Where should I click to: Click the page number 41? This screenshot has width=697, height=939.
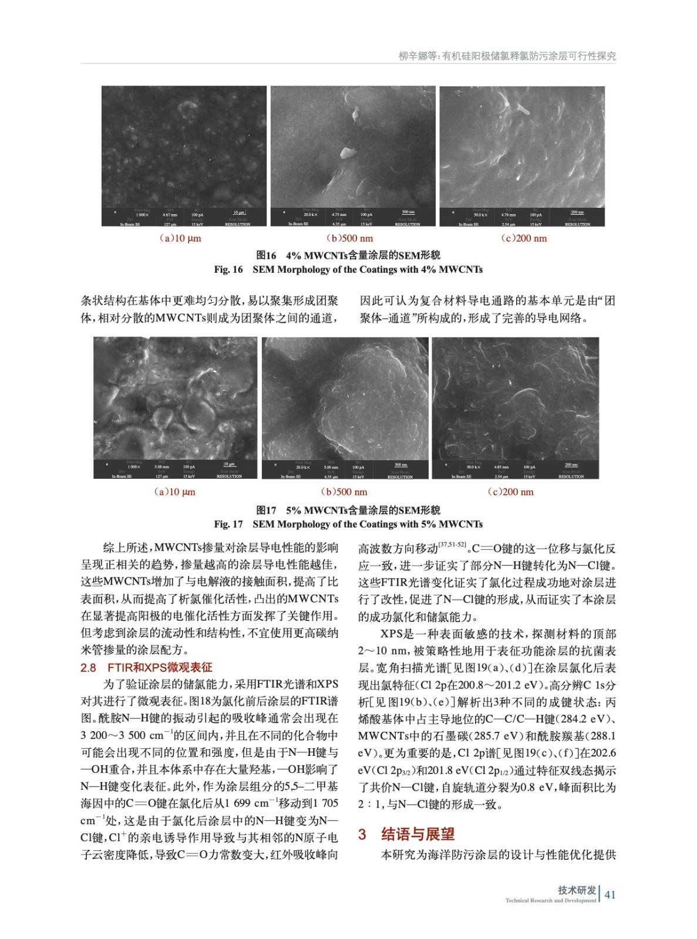[610, 894]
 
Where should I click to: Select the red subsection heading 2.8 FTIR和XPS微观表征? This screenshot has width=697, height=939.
[146, 667]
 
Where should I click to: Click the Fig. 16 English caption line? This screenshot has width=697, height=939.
[348, 269]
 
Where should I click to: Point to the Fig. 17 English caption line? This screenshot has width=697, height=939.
[348, 524]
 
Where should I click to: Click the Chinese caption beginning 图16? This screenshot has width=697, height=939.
[348, 255]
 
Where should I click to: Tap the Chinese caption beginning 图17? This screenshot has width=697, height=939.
[348, 510]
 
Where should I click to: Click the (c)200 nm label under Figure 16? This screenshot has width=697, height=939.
[523, 238]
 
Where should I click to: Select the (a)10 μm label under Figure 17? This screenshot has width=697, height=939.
[174, 492]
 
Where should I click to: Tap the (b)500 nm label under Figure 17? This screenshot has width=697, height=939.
[344, 492]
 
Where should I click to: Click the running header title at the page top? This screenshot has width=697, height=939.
[507, 56]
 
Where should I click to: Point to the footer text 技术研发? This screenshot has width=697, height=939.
[577, 890]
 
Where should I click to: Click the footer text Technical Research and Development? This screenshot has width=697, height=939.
[551, 900]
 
